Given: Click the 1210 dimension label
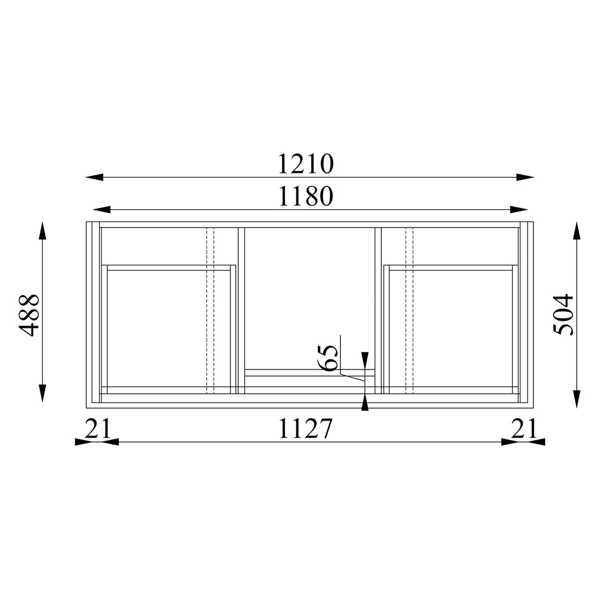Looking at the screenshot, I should (306, 164).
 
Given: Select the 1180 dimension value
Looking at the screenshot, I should (306, 197).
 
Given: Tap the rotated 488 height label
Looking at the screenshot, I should (31, 315).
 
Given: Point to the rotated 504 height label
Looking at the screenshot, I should (564, 314).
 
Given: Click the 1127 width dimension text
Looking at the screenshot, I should (306, 429).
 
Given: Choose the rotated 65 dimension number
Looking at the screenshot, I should (328, 357).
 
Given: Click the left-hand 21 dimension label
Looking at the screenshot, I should (97, 429).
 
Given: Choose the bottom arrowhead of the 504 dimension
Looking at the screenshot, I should (577, 399).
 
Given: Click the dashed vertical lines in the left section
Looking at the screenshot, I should (210, 309).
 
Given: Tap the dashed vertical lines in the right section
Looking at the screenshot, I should (409, 309).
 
